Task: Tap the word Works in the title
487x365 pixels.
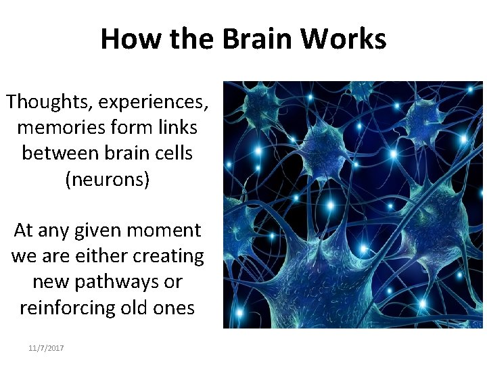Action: (344, 39)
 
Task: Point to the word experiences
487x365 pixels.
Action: (154, 102)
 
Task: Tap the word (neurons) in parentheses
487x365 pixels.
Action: (107, 179)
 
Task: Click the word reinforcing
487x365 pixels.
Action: (64, 308)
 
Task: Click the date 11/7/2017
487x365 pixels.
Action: (46, 347)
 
